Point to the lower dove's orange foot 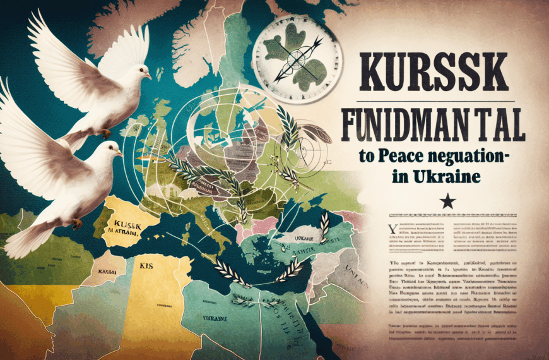pyautogui.click(x=76, y=224)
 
